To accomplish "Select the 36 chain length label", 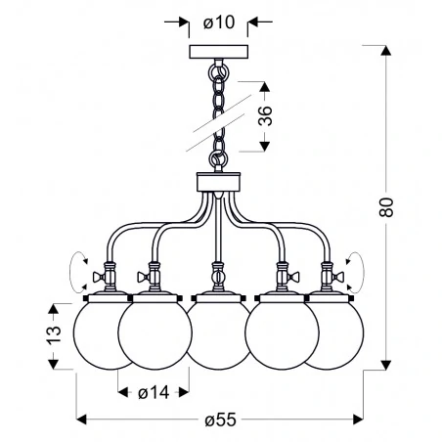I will point(263,118).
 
